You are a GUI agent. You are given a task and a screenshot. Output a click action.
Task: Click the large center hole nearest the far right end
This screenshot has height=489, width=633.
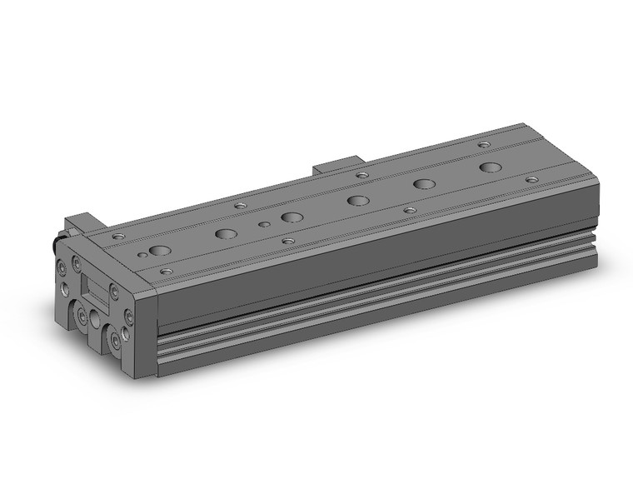pos(491,167)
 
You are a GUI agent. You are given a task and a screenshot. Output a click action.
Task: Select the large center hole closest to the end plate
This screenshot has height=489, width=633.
pos(161,250)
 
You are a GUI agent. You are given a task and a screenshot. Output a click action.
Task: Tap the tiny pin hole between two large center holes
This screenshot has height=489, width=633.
pos(264,224)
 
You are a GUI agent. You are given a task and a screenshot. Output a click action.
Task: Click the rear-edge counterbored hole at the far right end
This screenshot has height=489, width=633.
pos(485,145)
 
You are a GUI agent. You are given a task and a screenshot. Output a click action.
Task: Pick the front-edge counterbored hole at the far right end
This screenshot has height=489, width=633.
pos(531,179)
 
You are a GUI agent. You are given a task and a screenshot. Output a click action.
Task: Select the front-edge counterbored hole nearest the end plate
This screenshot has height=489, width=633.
pos(166,271)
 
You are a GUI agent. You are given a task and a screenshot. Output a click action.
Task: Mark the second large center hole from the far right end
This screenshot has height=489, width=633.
pos(425,184)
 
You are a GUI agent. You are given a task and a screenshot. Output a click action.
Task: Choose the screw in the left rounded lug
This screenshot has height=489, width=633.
pos(82,317)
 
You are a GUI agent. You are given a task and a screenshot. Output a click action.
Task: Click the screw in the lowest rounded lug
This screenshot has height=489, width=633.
pos(112,340)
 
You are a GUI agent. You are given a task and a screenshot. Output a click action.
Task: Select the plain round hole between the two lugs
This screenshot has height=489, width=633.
pos(97,320)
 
